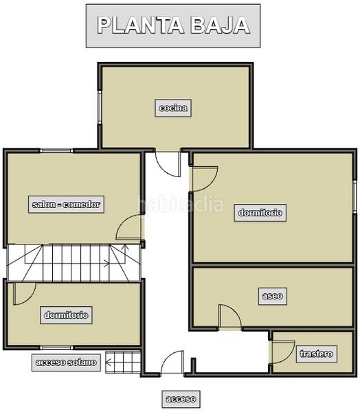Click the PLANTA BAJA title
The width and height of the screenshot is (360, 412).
point(173,25)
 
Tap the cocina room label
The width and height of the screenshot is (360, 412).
point(173,108)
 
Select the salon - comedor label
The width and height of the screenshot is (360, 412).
point(66,205)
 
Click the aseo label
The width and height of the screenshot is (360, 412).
point(273,296)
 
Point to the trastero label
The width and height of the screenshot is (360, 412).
point(316,354)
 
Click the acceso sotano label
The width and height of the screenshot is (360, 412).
point(66,363)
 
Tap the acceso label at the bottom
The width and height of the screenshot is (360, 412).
point(181,399)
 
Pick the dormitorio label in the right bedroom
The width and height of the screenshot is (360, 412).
point(260,213)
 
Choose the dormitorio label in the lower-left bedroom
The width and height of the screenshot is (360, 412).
point(66,315)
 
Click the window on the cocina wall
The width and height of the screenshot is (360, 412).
point(100,107)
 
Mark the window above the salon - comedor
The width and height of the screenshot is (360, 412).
point(56,151)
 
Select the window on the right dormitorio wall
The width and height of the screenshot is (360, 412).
point(355,196)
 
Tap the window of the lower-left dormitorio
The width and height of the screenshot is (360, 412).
point(56,348)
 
